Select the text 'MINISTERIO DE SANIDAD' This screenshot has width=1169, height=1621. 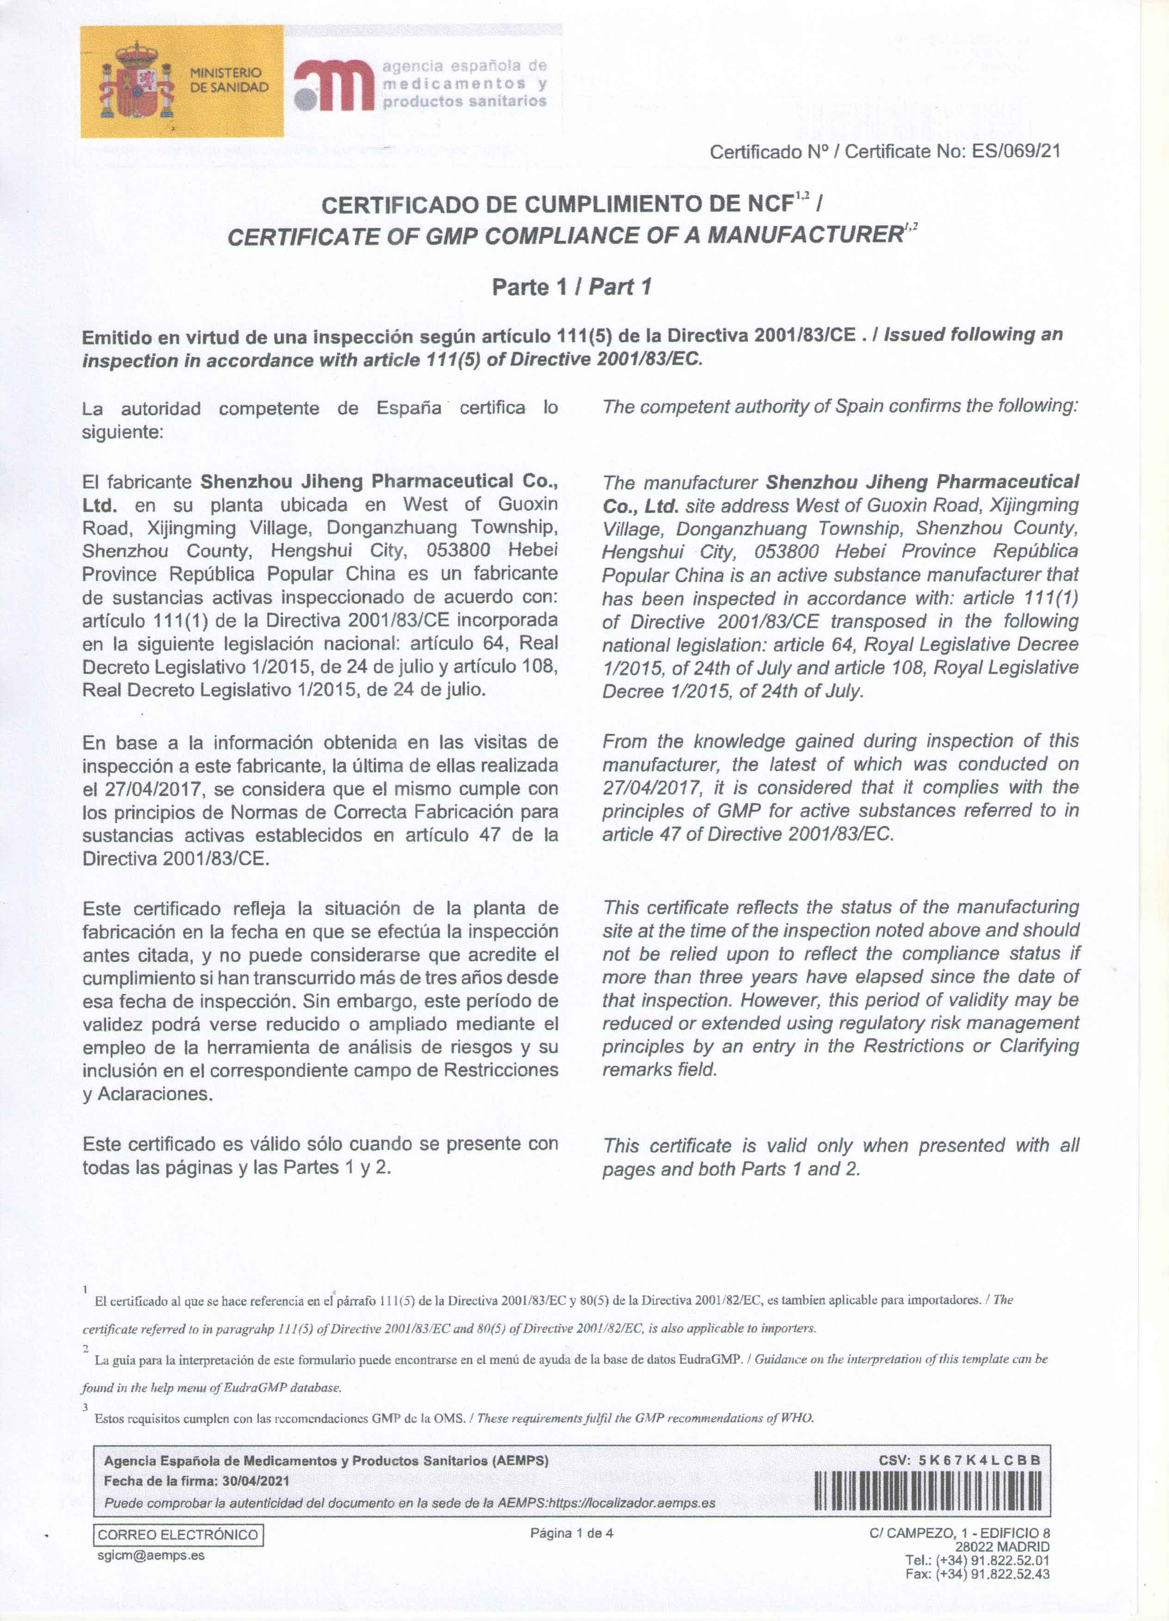229,80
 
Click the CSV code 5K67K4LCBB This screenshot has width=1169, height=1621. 979,1460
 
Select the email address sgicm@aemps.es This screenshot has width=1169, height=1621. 151,1555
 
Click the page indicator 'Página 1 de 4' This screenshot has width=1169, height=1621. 571,1533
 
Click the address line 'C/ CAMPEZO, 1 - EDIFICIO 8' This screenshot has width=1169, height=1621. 959,1533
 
